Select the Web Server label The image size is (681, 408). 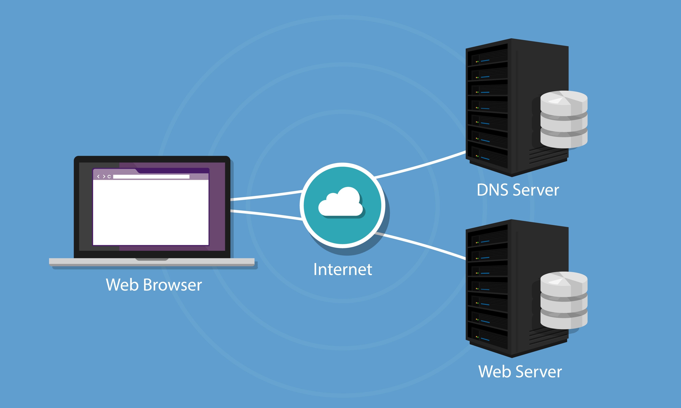click(520, 372)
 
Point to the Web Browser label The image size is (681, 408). click(154, 285)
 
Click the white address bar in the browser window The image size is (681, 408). click(151, 177)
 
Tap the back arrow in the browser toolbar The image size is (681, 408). click(98, 177)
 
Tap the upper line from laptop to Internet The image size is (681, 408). click(266, 196)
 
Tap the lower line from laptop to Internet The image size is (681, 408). click(266, 214)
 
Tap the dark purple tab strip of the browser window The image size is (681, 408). click(173, 170)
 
